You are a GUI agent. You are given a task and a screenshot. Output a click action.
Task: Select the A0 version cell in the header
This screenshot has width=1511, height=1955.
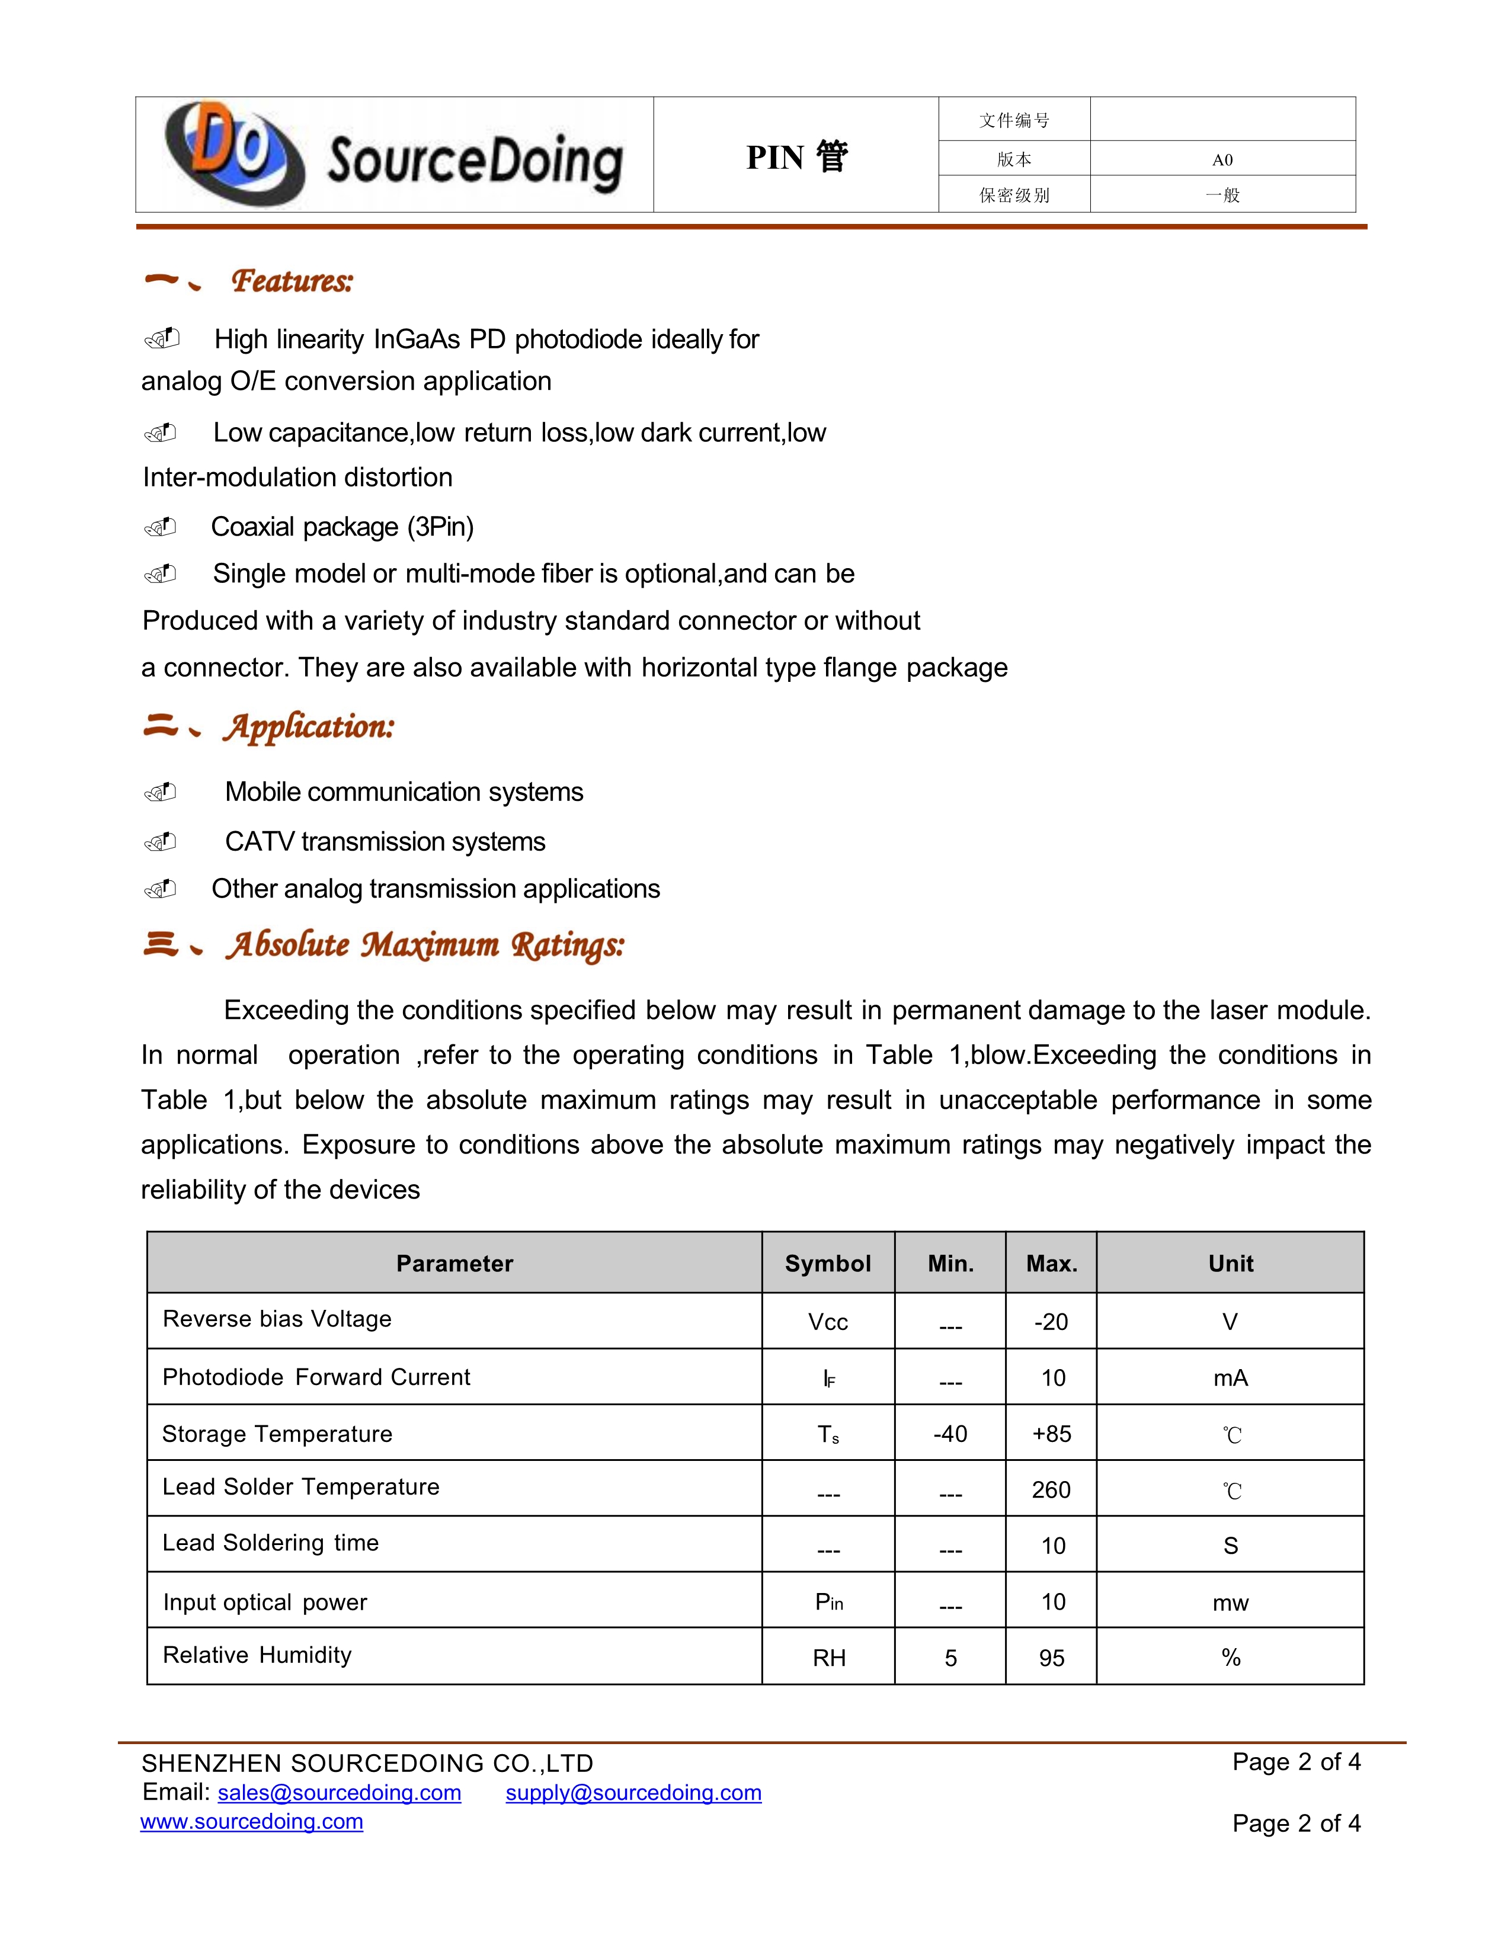point(1222,160)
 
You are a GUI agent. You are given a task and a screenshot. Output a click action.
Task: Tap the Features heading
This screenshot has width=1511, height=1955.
point(292,281)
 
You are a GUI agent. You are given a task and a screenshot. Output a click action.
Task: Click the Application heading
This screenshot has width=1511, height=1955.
point(309,726)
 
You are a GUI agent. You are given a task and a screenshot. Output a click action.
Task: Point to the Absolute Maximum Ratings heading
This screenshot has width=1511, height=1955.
point(425,944)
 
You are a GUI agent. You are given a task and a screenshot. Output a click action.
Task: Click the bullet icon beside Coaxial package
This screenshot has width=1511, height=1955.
point(161,527)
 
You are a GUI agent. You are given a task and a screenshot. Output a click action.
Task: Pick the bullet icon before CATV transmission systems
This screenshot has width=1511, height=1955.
point(161,841)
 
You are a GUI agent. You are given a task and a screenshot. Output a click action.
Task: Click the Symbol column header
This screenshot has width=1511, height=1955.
point(827,1263)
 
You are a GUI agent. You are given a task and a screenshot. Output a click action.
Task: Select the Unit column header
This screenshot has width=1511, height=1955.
point(1230,1263)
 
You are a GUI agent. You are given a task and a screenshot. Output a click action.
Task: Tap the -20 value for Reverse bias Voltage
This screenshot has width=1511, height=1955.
point(1051,1321)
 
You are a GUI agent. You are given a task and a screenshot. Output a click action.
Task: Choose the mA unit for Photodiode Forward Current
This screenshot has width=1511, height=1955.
point(1230,1377)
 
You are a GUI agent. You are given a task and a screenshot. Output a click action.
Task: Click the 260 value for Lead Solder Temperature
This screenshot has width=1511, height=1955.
point(1051,1489)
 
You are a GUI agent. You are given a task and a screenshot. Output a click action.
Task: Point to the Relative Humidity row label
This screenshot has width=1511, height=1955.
point(257,1655)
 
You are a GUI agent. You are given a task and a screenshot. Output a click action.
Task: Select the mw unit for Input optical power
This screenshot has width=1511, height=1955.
point(1230,1603)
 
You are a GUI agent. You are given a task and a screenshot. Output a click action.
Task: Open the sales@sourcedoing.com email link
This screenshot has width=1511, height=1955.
point(340,1793)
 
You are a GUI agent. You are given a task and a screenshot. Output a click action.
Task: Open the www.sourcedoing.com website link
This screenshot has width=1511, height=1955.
point(251,1822)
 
